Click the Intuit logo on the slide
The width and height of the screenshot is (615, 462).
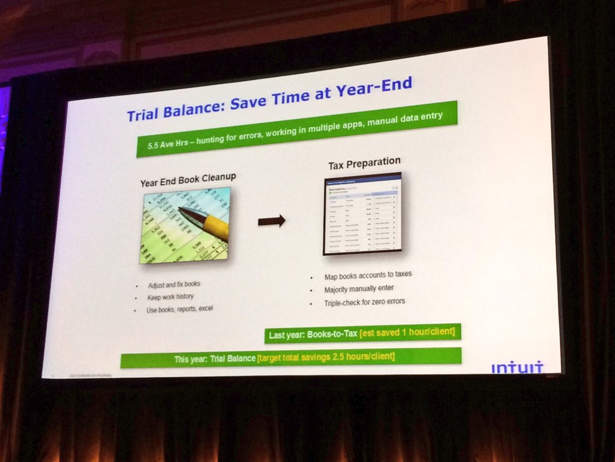(x=517, y=366)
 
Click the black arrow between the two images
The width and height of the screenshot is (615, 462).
(x=271, y=221)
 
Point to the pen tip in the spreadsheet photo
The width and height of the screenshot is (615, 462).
(x=182, y=210)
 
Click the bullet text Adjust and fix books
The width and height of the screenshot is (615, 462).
(x=174, y=285)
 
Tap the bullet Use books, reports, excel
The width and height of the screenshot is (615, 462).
(x=180, y=310)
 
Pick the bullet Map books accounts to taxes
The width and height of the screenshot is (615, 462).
(x=367, y=276)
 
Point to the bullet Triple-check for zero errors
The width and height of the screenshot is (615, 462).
(x=364, y=302)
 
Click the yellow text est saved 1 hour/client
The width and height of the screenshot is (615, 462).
(x=409, y=331)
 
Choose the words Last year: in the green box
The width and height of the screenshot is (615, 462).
(x=287, y=334)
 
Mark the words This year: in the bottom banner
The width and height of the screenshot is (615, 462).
(x=191, y=360)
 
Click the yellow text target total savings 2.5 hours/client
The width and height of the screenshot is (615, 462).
(x=326, y=357)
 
